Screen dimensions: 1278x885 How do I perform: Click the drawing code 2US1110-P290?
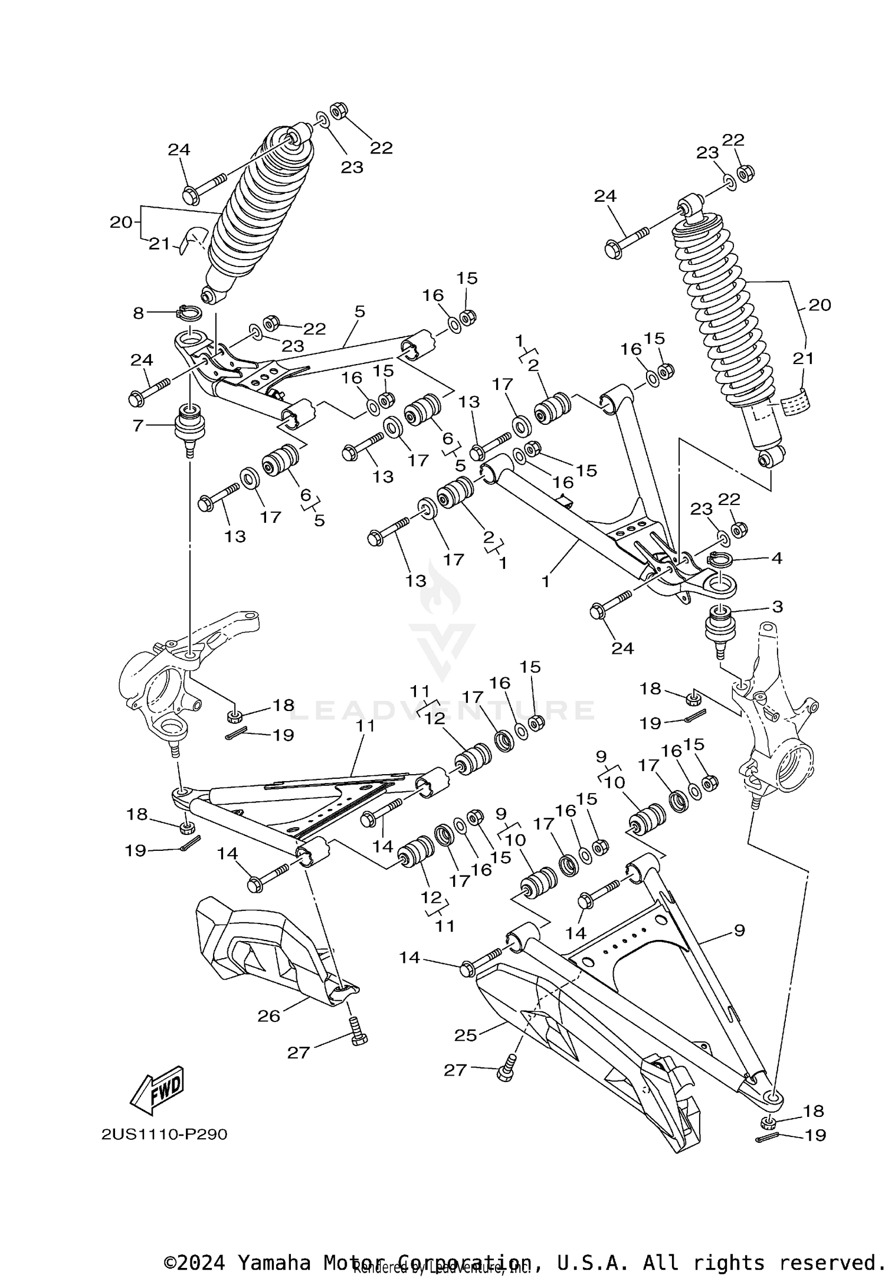pyautogui.click(x=164, y=1135)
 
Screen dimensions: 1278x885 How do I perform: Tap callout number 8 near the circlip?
pyautogui.click(x=138, y=313)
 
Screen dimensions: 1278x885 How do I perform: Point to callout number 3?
pyautogui.click(x=778, y=606)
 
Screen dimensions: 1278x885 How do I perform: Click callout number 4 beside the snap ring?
pyautogui.click(x=776, y=558)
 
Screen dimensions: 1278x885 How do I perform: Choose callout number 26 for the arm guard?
pyautogui.click(x=268, y=1016)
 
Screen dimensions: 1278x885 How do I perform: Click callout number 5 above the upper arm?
pyautogui.click(x=360, y=311)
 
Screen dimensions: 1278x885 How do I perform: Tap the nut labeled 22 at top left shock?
pyautogui.click(x=339, y=111)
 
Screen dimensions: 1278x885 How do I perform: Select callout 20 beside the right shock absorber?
pyautogui.click(x=820, y=304)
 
